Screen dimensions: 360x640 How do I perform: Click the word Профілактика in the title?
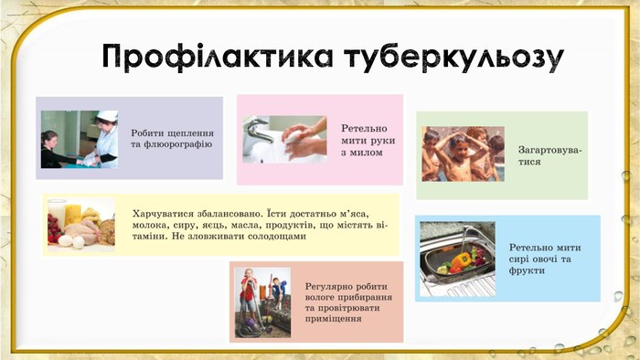(217, 57)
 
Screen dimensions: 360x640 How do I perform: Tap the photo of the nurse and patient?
(80, 139)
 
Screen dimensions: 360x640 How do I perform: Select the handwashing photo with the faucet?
(284, 139)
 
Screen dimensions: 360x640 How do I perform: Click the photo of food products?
(80, 224)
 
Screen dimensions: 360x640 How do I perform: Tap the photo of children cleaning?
(262, 301)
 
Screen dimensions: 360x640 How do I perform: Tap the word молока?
(151, 223)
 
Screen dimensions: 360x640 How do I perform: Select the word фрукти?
(528, 270)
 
